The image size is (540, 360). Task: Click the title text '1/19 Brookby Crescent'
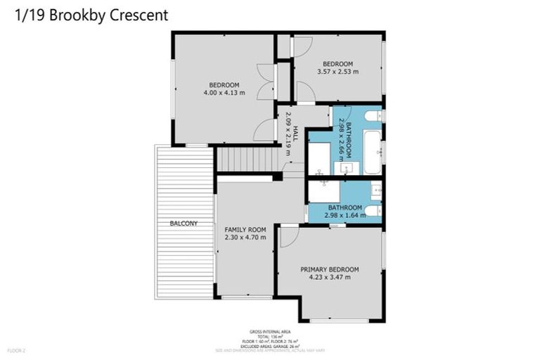[x=91, y=15]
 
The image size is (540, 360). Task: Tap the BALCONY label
[x=183, y=224]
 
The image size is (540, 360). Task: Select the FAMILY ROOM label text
[x=245, y=230]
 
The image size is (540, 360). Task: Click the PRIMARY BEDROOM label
[x=329, y=269]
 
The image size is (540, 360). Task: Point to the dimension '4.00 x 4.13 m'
[x=223, y=92]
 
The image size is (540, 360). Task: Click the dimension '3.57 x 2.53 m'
[x=338, y=72]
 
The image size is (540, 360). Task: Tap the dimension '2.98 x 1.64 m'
[x=345, y=216]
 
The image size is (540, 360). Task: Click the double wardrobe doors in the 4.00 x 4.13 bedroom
[x=265, y=82]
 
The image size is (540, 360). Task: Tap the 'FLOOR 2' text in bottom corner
[x=16, y=349]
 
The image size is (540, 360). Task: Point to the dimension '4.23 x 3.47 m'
[x=329, y=278]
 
